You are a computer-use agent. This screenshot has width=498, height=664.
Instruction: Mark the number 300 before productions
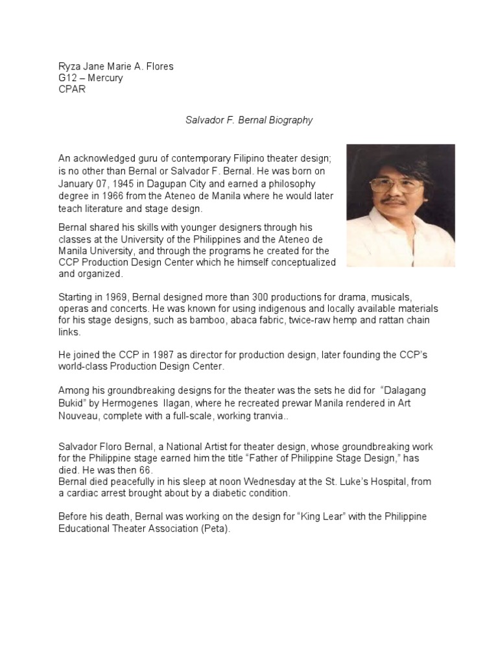(239, 296)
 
